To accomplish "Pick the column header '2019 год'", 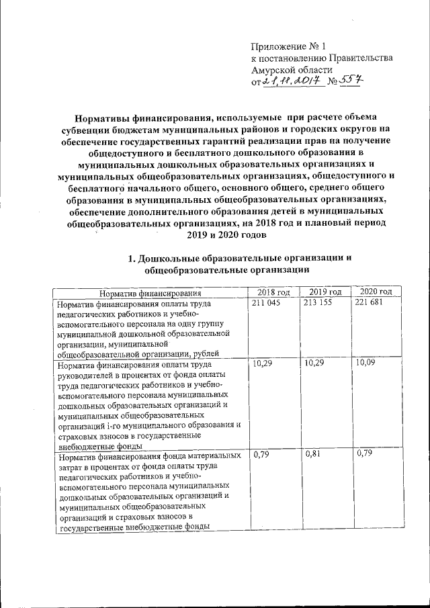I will point(325,292).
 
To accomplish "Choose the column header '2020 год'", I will point(376,292).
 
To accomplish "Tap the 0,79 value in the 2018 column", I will point(260,455).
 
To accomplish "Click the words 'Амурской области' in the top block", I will point(291,70).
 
